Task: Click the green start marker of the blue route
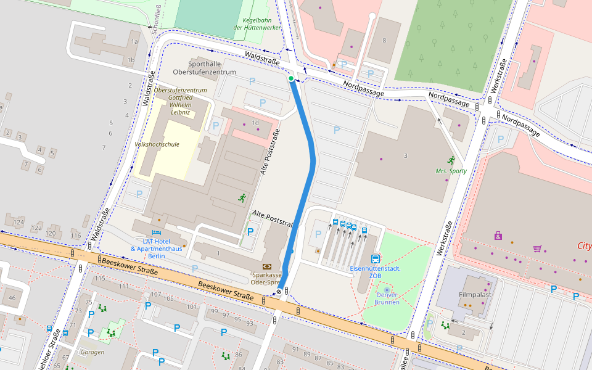point(291,78)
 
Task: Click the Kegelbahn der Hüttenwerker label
point(258,23)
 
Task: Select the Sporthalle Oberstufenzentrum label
point(213,68)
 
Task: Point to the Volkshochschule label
point(157,144)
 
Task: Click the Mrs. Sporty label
point(451,171)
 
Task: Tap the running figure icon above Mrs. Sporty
point(451,160)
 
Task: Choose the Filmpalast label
point(475,295)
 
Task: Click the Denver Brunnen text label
point(387,298)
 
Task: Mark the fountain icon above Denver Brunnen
point(387,289)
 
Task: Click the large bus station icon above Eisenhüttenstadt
point(375,258)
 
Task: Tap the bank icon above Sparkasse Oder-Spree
point(266,266)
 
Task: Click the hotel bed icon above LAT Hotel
point(156,232)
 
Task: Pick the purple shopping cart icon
point(537,249)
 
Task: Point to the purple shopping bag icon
point(498,236)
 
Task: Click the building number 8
point(385,41)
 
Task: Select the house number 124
point(18,222)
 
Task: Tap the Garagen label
point(92,352)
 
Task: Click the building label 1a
point(134,41)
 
